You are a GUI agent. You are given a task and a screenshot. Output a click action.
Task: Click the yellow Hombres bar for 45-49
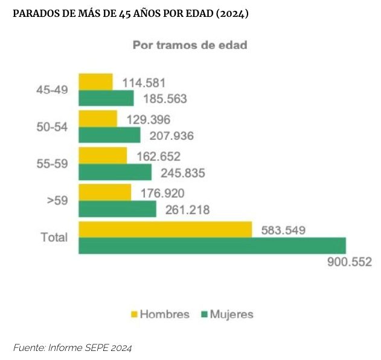pos(95,82)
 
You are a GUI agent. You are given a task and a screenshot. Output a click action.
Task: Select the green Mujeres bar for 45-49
pos(106,98)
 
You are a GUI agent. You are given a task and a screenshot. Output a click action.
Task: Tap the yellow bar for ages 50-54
pos(97,119)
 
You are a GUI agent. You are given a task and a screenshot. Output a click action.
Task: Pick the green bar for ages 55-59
pos(115,172)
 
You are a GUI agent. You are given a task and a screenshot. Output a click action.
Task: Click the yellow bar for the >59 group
pos(104,192)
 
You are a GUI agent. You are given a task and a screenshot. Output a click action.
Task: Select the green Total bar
pos(211,245)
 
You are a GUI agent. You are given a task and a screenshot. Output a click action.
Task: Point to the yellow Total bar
pos(165,230)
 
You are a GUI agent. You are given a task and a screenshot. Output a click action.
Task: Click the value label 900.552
pos(348,262)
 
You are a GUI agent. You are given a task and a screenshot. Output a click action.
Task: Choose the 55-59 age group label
pos(52,163)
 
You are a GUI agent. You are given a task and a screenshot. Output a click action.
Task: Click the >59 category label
pos(57,200)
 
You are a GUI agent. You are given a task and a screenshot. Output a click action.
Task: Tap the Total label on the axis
pos(54,237)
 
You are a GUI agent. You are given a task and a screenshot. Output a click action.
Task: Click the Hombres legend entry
pos(159,314)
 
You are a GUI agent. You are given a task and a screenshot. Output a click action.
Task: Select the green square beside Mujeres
pos(204,314)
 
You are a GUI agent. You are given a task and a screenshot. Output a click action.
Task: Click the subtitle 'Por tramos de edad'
pos(190,45)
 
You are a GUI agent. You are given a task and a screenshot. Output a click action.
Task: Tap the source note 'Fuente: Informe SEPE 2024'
pos(72,347)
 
